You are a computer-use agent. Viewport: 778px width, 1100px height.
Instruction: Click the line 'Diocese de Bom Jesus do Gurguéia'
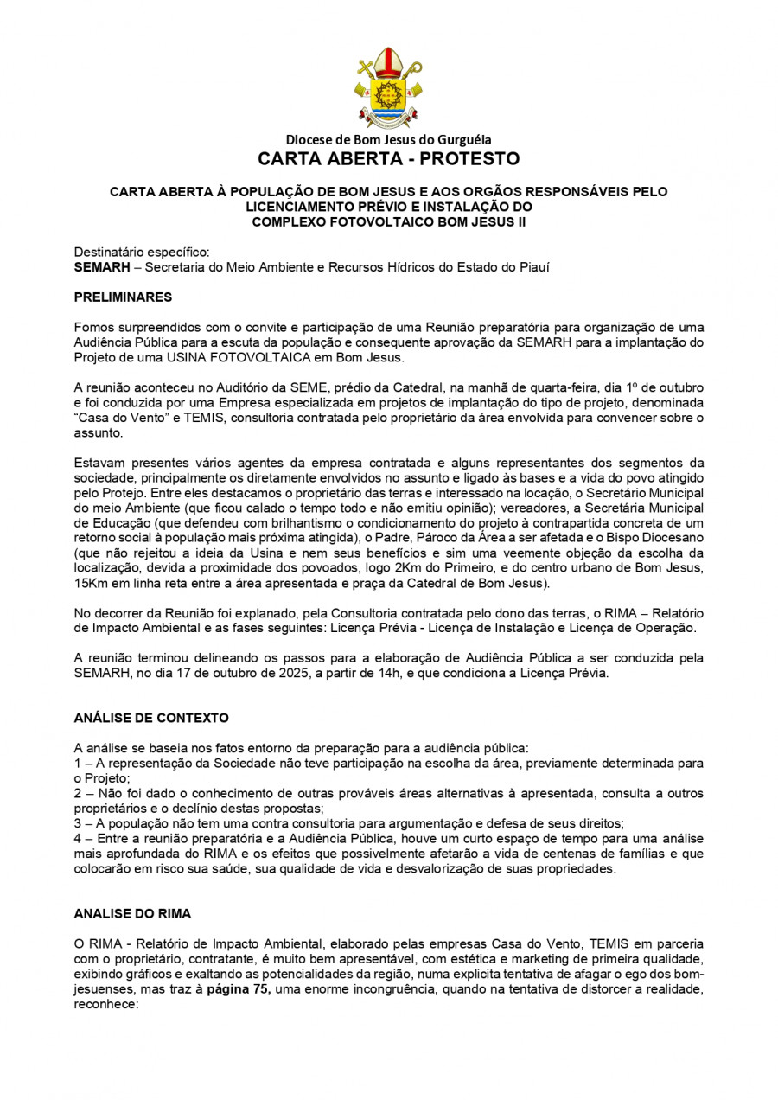388,140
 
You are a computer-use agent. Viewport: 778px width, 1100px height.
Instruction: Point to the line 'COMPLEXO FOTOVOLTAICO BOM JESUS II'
388,222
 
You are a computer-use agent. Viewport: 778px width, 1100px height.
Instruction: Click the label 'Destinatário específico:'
142,253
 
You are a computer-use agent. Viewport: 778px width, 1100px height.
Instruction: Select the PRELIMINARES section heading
123,297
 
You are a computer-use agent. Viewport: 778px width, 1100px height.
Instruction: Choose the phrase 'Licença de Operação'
633,626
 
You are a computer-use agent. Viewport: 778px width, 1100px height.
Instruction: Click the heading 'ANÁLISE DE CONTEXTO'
151,719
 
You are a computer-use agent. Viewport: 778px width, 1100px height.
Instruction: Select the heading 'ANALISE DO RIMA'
132,913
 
